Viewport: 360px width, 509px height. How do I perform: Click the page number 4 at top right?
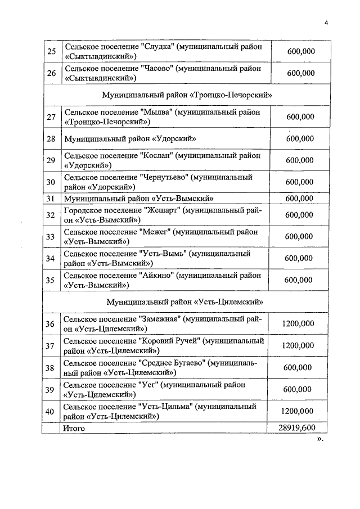[x=326, y=22]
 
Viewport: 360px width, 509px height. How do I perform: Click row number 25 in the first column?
[x=51, y=52]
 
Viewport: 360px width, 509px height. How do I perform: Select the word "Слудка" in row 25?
[x=156, y=47]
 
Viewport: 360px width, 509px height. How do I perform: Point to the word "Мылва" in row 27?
[x=157, y=112]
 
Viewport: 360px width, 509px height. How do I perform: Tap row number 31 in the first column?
[x=51, y=198]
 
